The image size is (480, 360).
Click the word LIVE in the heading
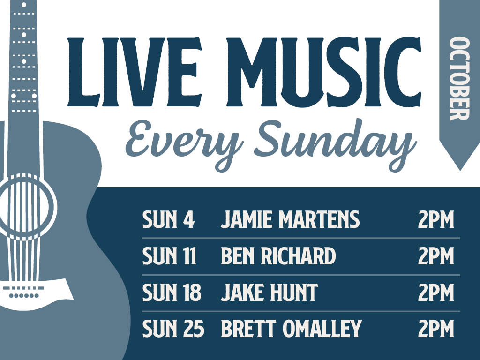135,72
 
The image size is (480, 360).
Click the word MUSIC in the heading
324,72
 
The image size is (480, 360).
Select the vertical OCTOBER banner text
459,79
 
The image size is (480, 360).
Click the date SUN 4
168,219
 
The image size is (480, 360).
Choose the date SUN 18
172,292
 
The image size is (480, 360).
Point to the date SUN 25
173,328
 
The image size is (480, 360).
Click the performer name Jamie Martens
290,219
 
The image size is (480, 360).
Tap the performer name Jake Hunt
269,292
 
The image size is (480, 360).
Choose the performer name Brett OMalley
291,328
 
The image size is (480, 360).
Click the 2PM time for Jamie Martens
436,219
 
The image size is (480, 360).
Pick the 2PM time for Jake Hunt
436,292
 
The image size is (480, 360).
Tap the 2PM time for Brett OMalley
436,328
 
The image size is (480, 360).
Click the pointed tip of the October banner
459,170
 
